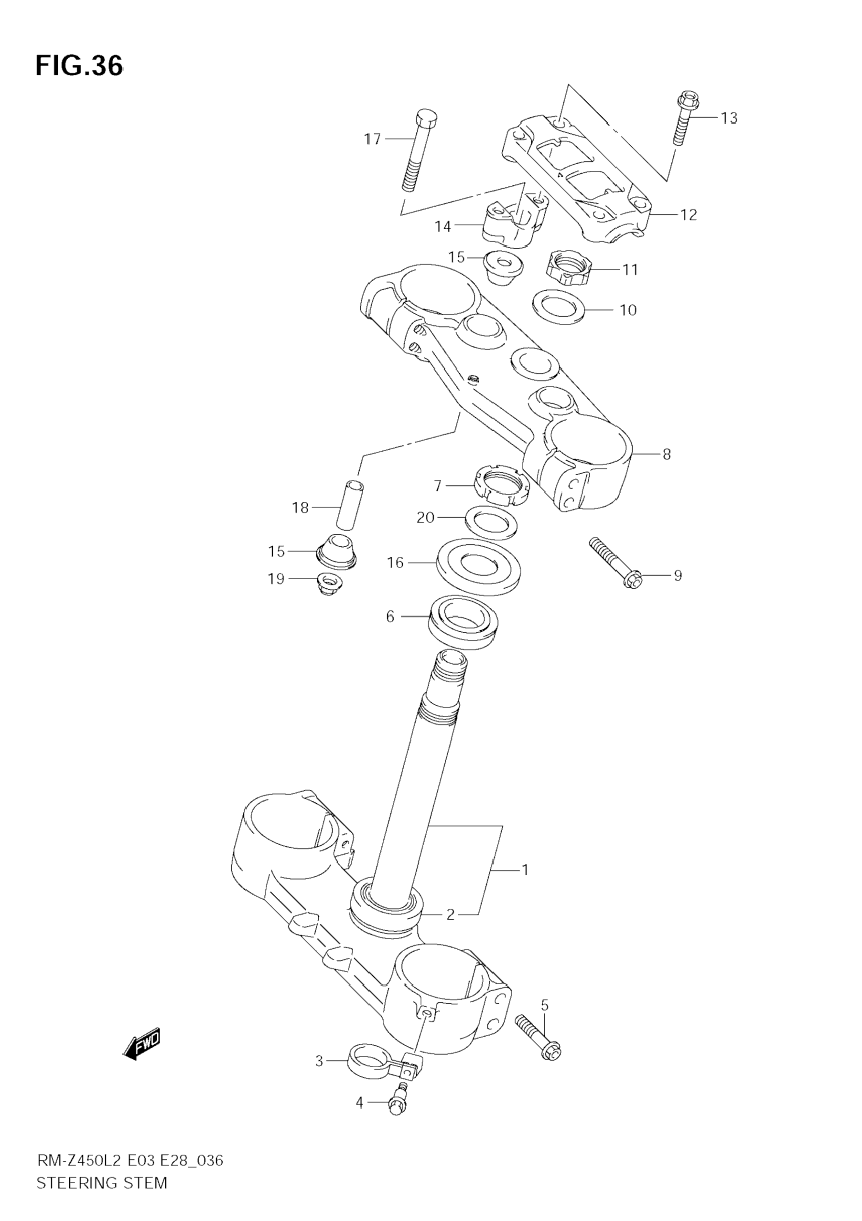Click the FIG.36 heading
(79, 66)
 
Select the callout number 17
(373, 139)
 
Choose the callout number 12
(689, 215)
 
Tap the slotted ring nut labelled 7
(502, 484)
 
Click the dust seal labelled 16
(477, 566)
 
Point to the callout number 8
(666, 454)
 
